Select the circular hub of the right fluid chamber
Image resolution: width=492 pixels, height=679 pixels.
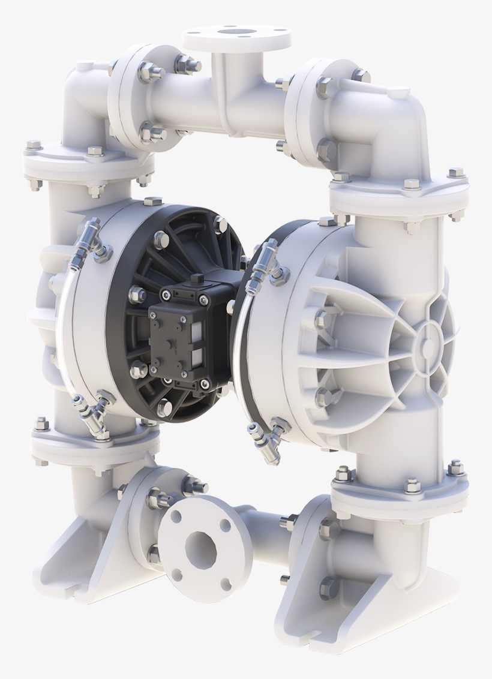coord(427,337)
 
